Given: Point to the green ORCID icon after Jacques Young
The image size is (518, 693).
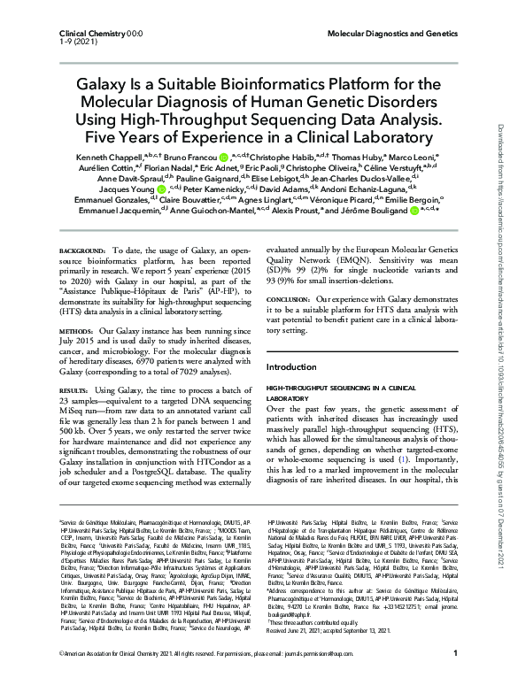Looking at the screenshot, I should click(160, 212).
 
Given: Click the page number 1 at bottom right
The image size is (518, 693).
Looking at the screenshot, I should click(454, 678).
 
